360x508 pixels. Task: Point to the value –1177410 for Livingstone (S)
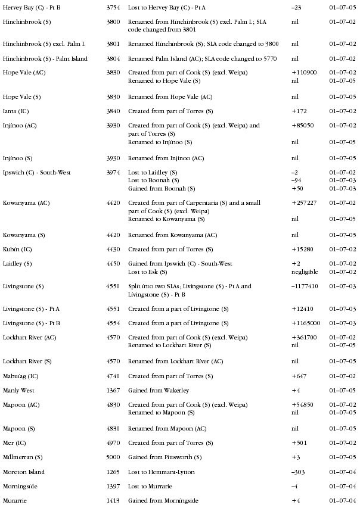pos(305,286)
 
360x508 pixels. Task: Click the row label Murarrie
pos(15,501)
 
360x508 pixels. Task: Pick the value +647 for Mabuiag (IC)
pos(299,376)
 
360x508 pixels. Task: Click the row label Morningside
pos(20,487)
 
